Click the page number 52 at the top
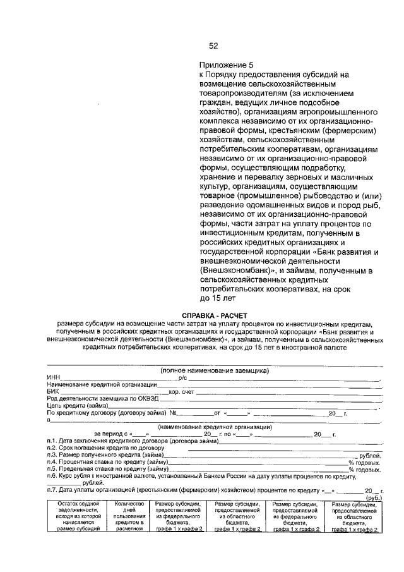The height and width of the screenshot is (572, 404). [x=213, y=46]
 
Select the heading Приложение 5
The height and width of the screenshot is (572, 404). [x=225, y=64]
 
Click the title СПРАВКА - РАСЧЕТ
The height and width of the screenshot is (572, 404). [x=215, y=315]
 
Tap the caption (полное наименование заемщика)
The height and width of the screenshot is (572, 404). [x=214, y=370]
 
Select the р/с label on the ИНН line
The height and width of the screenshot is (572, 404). [x=184, y=377]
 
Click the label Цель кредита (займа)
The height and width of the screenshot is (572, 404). [x=73, y=406]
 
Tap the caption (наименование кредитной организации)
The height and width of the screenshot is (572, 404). [x=214, y=427]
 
